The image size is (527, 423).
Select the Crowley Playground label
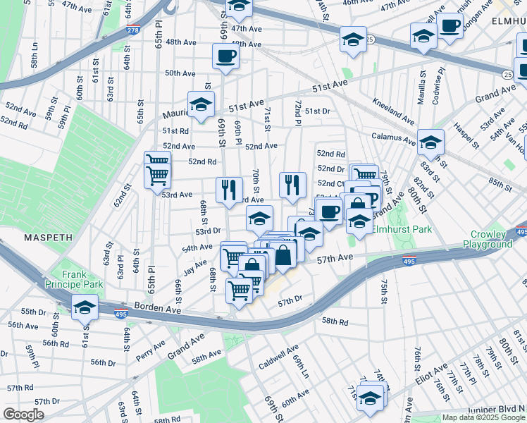tap(488, 239)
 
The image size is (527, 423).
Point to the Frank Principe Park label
tap(83, 279)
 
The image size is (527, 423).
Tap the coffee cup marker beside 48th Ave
tap(225, 56)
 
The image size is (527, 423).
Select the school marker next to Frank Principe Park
tap(85, 307)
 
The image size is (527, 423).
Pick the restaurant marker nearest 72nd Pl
tap(292, 185)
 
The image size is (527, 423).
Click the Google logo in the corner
tap(23, 415)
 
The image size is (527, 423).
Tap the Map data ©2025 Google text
tap(483, 417)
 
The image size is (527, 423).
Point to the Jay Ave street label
tap(195, 268)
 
